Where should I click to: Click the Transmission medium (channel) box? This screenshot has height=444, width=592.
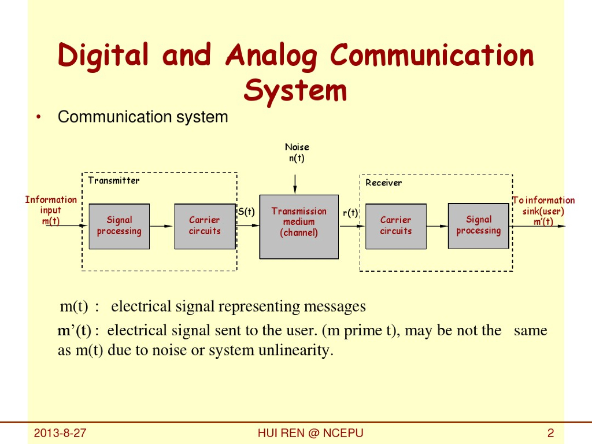pyautogui.click(x=299, y=226)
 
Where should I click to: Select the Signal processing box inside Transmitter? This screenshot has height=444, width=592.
pyautogui.click(x=119, y=226)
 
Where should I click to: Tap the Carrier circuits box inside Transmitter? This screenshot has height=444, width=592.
pyautogui.click(x=205, y=226)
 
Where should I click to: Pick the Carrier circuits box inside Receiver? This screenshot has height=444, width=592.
pyautogui.click(x=396, y=226)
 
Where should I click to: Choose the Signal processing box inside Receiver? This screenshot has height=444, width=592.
pyautogui.click(x=479, y=225)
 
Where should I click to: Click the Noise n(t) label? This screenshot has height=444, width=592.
pyautogui.click(x=297, y=153)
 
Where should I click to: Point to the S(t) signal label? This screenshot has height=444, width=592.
pyautogui.click(x=247, y=212)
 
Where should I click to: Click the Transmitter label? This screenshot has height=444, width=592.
pyautogui.click(x=114, y=180)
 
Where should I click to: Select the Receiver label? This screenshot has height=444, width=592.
pyautogui.click(x=383, y=183)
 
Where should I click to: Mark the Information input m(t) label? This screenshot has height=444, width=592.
pyautogui.click(x=51, y=210)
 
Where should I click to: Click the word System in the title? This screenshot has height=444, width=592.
pyautogui.click(x=295, y=91)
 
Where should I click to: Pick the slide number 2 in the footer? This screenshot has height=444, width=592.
pyautogui.click(x=550, y=434)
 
